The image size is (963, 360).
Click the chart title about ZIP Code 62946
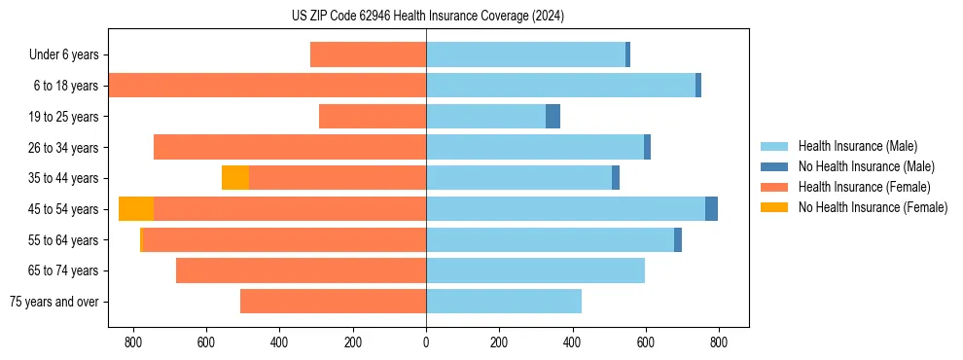point(427,16)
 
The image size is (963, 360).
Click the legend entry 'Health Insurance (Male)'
point(857,146)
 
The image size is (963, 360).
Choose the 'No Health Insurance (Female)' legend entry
point(873,207)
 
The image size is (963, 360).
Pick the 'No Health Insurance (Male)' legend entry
point(866,166)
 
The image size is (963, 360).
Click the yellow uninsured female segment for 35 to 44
point(235,178)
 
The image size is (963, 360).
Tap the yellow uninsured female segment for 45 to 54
point(136,209)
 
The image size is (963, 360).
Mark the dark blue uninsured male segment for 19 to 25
point(553,117)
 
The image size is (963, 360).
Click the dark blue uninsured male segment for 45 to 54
point(711,209)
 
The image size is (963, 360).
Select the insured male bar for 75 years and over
point(504,302)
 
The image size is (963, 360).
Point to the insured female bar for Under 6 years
point(368,55)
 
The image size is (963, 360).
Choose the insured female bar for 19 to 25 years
point(373,117)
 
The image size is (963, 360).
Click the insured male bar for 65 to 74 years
point(535,270)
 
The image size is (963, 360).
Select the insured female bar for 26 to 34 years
point(290,147)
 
